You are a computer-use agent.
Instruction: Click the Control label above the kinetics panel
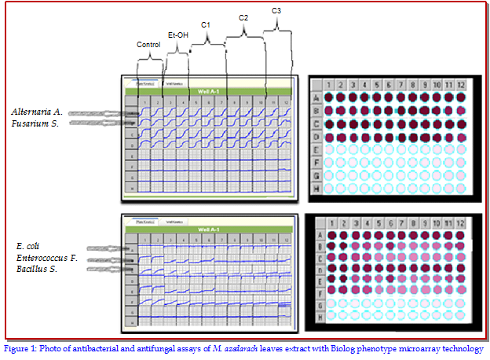148,45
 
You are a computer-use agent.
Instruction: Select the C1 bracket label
206,25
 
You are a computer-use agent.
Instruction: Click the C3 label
276,10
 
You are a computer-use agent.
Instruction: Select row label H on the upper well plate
316,189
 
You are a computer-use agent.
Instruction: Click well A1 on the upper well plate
331,97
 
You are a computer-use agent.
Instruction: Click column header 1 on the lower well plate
333,224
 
